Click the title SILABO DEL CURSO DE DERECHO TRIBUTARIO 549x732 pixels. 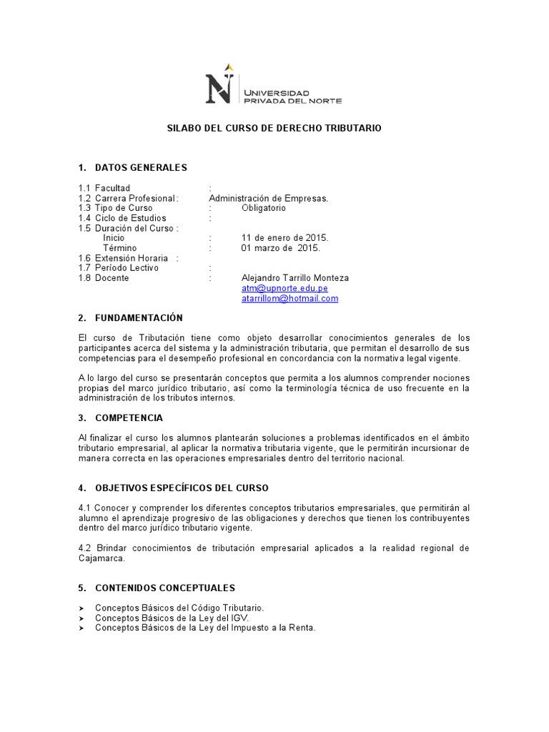pos(274,128)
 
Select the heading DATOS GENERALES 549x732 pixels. pos(141,167)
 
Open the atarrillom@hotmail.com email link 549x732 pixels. pos(290,298)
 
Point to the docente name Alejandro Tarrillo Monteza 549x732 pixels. pos(295,278)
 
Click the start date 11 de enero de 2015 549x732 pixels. pos(285,238)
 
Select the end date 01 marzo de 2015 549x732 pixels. pos(281,248)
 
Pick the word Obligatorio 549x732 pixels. pos(263,208)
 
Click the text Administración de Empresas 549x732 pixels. pos(268,198)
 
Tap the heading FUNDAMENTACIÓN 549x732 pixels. pos(139,317)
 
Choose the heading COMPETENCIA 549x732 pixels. pos(129,417)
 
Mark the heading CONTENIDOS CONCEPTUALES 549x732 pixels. pos(164,588)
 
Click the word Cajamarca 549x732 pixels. pos(102,558)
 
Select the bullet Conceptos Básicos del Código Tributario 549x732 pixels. pos(179,608)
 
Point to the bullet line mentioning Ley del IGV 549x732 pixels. pos(172,618)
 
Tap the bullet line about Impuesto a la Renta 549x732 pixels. pos(205,628)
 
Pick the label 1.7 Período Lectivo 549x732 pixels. pos(119,268)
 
